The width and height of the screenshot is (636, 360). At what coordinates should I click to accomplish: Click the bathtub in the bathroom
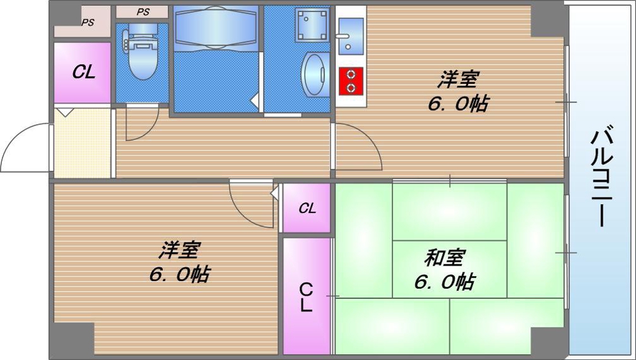click(216, 28)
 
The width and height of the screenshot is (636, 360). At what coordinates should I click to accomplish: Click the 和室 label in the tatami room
click(445, 258)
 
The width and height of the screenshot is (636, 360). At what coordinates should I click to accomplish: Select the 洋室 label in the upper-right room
click(457, 81)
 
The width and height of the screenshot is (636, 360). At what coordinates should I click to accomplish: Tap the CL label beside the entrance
click(83, 72)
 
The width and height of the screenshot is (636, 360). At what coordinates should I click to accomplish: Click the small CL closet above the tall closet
click(307, 208)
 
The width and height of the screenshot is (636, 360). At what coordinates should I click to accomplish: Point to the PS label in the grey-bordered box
click(143, 11)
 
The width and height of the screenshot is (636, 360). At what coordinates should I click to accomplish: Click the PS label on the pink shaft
click(87, 22)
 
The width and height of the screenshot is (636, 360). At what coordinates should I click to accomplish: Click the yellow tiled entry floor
click(83, 143)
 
